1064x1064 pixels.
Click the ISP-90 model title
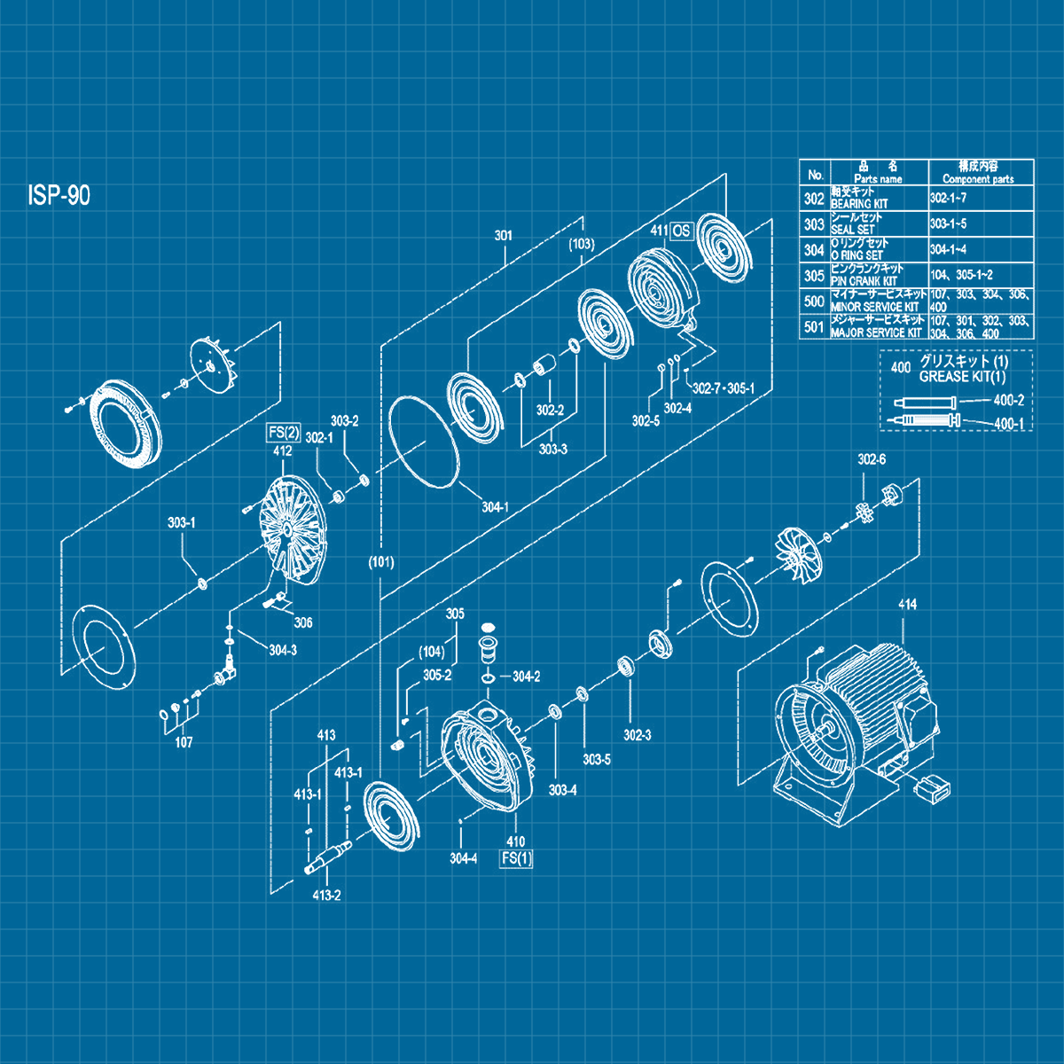click(x=59, y=196)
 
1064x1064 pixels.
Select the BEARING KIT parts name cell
click(x=878, y=198)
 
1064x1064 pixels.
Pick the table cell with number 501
click(x=814, y=326)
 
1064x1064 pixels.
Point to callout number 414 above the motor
click(x=907, y=605)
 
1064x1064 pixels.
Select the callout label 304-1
click(x=495, y=507)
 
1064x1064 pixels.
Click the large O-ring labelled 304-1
click(x=425, y=441)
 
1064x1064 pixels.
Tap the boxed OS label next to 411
click(x=681, y=231)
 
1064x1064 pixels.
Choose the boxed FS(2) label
click(x=284, y=434)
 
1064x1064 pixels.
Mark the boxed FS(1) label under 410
click(x=516, y=858)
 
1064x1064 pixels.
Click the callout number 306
click(x=303, y=622)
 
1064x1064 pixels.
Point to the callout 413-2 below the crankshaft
click(x=326, y=896)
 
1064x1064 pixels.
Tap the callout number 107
click(x=184, y=742)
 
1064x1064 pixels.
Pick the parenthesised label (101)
click(x=381, y=562)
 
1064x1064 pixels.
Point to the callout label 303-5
click(x=596, y=760)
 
